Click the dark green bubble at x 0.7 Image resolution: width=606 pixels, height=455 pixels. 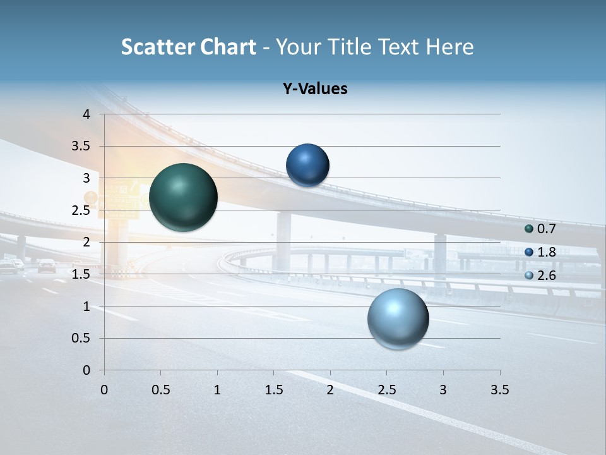coord(184,197)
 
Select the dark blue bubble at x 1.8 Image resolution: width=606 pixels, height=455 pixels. coord(307,165)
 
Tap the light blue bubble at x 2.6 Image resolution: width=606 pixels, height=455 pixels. coord(398,319)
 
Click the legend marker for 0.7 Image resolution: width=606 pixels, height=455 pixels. coord(529,229)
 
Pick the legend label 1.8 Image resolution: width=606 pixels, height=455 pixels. coord(546,252)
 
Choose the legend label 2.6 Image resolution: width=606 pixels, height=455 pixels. coord(546,276)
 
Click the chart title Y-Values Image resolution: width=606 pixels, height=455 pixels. coord(315,89)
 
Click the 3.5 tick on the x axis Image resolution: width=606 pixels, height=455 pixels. coord(499,390)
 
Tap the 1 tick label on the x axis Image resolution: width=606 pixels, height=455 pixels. coord(217,390)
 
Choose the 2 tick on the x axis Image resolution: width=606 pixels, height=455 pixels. coord(330,390)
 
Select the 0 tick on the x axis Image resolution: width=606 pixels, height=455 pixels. coord(104,390)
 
